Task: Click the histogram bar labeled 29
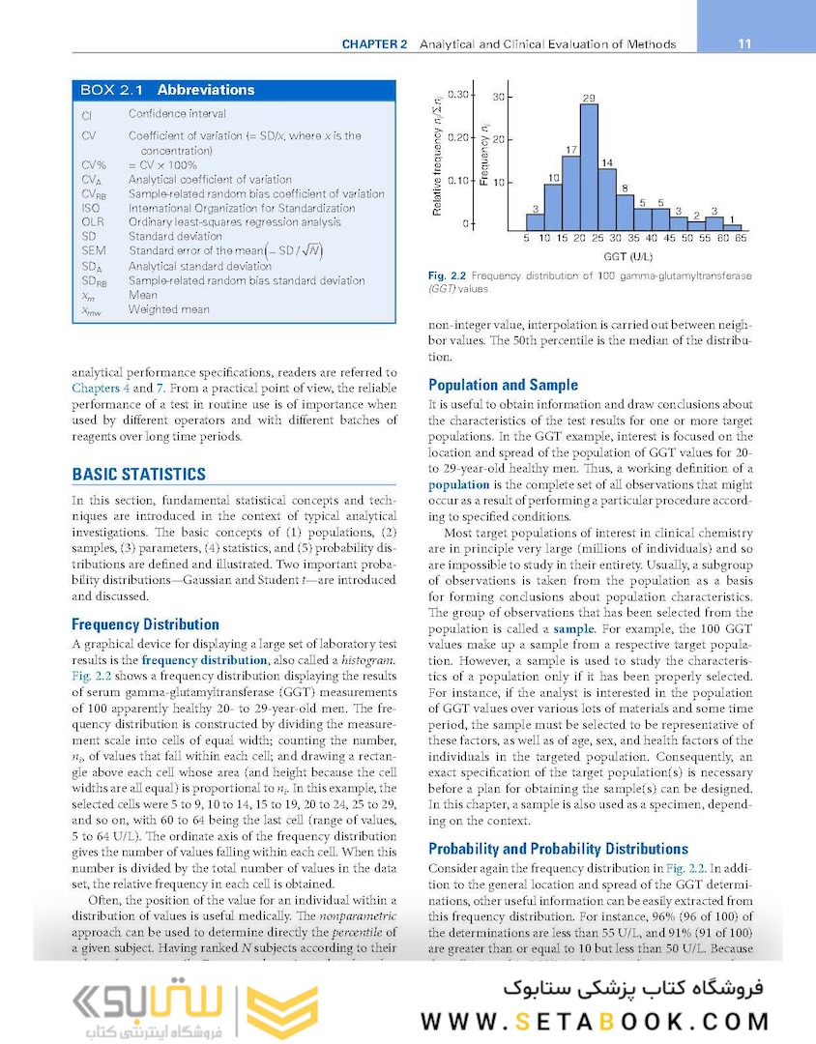[x=589, y=163]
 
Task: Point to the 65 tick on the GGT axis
[x=741, y=238]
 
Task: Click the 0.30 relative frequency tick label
[x=457, y=95]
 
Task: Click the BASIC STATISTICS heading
[x=139, y=474]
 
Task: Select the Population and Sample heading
[x=503, y=385]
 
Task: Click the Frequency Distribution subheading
[x=145, y=624]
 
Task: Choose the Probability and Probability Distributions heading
[x=559, y=849]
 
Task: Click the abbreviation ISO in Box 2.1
[x=91, y=208]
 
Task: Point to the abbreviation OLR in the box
[x=93, y=222]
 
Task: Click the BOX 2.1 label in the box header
[x=111, y=90]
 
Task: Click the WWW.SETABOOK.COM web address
[x=595, y=1022]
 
